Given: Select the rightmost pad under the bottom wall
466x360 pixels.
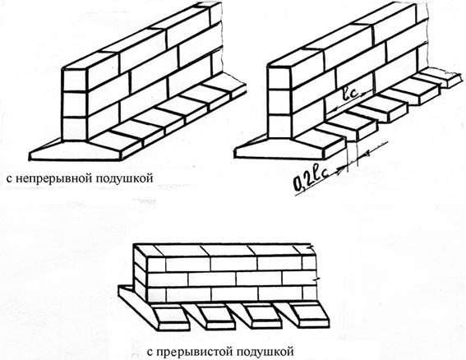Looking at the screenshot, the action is click(309, 315).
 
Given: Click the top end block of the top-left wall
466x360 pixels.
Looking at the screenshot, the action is click(75, 80).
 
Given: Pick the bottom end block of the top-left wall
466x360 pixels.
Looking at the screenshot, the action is click(74, 128).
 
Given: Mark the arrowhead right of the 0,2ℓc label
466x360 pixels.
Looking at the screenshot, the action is click(343, 169).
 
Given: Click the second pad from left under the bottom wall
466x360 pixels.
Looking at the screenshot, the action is click(216, 317).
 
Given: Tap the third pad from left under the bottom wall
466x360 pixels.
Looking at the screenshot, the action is click(263, 316).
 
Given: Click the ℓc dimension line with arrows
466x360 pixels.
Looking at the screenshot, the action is click(348, 101).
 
